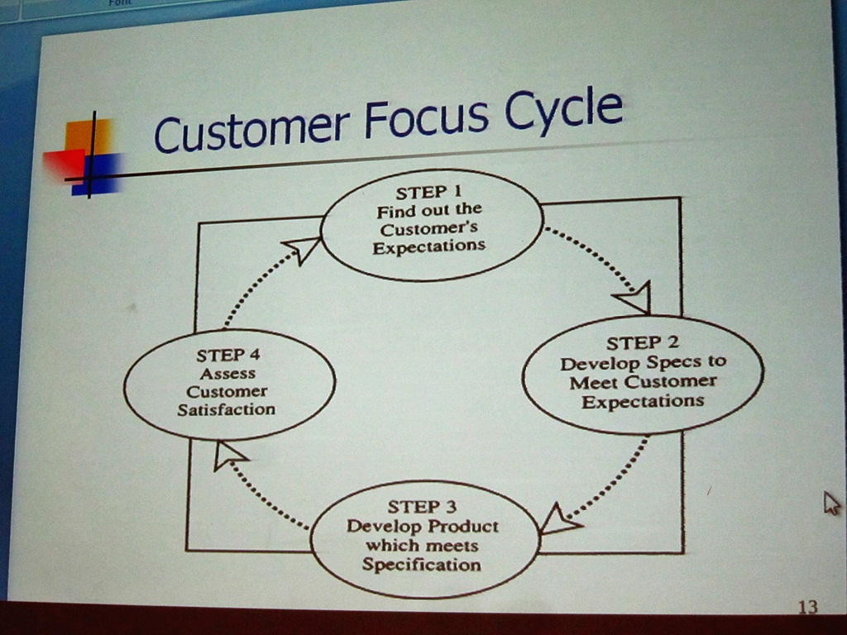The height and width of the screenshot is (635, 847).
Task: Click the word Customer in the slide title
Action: click(x=251, y=130)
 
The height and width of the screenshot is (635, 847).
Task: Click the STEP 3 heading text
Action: click(x=422, y=506)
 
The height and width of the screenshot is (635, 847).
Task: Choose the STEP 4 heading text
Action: click(x=228, y=356)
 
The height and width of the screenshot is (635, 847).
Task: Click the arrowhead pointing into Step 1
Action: click(x=302, y=247)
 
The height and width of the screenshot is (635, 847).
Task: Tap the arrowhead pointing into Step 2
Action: click(x=634, y=298)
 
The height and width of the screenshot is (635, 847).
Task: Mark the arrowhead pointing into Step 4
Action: click(x=227, y=455)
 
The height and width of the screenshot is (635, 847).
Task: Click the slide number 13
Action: click(x=807, y=607)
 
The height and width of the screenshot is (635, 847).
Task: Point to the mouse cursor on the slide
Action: click(x=830, y=502)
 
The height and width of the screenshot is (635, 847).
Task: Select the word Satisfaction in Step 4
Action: click(x=226, y=409)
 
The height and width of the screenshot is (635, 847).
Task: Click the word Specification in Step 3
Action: click(x=421, y=566)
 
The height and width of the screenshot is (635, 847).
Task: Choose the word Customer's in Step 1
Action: click(x=428, y=228)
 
